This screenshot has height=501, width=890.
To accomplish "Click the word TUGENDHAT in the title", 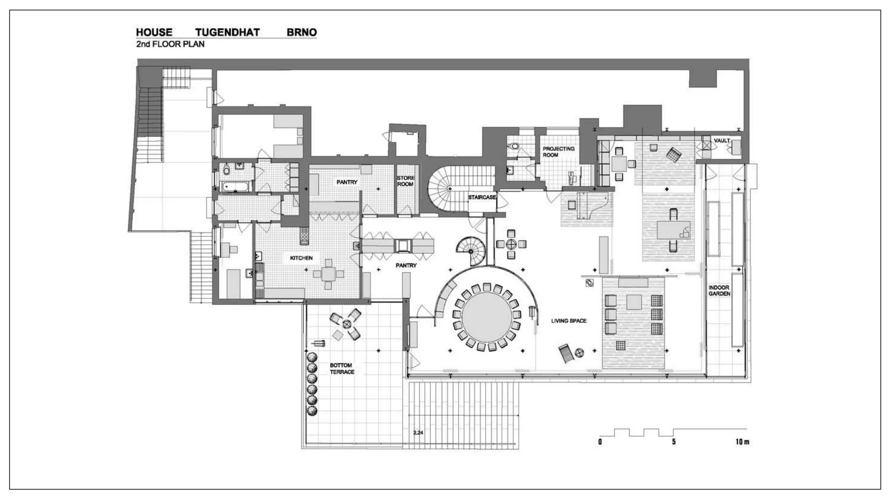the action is [227, 32].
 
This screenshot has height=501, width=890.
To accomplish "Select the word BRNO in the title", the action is [302, 32].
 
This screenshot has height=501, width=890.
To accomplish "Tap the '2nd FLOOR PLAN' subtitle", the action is [170, 44].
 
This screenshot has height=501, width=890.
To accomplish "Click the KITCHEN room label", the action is [301, 258].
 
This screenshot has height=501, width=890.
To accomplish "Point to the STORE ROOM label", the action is [405, 181].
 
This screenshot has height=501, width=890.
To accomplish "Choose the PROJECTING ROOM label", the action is [558, 152].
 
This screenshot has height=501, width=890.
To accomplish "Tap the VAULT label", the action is [722, 140].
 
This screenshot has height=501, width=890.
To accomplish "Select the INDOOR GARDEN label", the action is [719, 291].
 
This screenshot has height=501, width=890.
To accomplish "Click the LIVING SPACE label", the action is [569, 321].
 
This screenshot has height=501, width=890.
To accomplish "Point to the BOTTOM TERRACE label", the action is [342, 368].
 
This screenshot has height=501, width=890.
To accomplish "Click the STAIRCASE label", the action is [482, 197].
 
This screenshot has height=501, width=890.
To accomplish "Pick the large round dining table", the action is [486, 317].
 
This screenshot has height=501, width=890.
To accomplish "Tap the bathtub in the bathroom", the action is [236, 187].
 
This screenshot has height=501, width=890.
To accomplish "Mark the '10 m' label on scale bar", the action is [742, 442].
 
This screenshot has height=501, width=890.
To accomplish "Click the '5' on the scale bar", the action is [674, 442].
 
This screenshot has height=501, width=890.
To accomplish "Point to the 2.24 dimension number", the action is [418, 433].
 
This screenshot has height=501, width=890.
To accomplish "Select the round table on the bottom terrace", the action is [346, 324].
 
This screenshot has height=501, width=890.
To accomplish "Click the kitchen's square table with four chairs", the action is [328, 274].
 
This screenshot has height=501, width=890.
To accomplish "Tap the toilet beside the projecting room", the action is [515, 146].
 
